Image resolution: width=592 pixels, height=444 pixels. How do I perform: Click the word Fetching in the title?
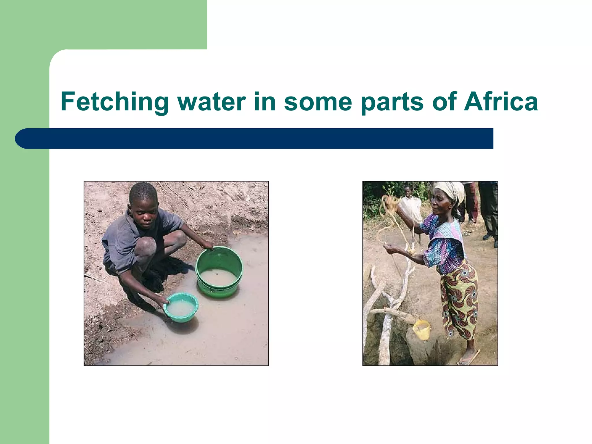coord(114,102)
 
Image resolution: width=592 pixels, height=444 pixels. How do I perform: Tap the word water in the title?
coord(212,102)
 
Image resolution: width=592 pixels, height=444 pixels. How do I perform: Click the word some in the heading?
coord(318,102)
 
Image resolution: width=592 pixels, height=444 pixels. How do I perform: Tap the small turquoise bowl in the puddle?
coord(181,307)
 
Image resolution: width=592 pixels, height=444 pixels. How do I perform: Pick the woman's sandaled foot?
coord(468,359)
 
